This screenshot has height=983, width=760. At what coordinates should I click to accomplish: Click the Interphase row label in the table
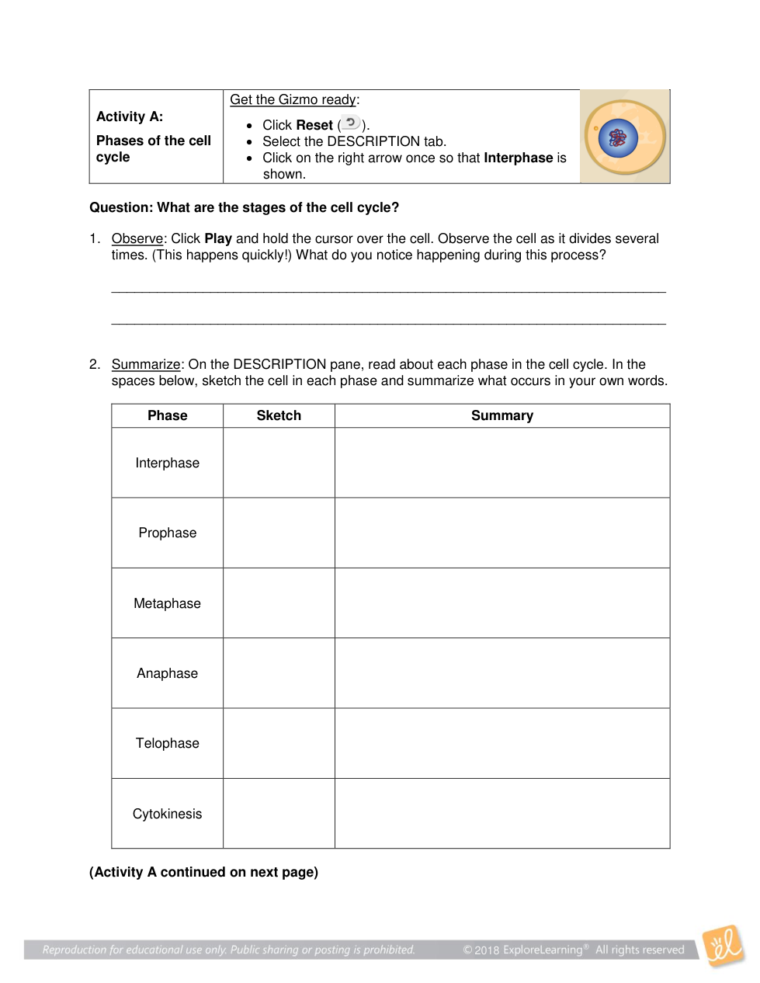[167, 463]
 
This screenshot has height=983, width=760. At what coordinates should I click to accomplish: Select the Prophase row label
[167, 533]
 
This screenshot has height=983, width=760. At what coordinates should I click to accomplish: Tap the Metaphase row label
[167, 603]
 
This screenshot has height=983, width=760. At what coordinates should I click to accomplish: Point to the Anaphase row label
[167, 673]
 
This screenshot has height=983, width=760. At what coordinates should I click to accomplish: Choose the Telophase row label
[167, 743]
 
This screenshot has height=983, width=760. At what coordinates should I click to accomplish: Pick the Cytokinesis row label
[167, 814]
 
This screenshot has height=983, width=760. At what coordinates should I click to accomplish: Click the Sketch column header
[279, 415]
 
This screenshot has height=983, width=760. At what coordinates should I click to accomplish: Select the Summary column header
[502, 415]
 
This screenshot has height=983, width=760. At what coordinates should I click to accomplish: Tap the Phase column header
[167, 415]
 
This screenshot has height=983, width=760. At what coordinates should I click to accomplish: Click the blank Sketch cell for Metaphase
[279, 603]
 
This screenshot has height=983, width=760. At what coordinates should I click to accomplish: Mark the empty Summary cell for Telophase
[502, 743]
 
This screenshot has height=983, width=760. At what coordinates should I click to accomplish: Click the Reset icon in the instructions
[351, 123]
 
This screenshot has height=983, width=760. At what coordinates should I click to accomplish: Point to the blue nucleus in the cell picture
[618, 138]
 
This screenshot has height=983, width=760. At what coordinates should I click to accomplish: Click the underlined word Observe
[137, 238]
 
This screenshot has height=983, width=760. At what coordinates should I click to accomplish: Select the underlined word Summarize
[146, 364]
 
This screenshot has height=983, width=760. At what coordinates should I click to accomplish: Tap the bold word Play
[218, 238]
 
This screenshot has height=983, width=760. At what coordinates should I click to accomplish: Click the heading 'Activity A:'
[130, 116]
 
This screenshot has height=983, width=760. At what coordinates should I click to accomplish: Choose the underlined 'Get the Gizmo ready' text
[293, 99]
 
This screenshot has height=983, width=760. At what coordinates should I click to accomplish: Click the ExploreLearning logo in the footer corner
[724, 946]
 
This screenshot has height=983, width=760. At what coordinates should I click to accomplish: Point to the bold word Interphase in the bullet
[518, 158]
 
